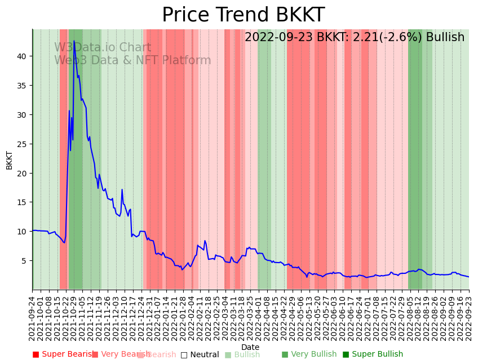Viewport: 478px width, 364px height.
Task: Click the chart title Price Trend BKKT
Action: [x=244, y=15]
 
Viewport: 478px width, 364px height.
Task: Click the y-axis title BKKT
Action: [x=10, y=160]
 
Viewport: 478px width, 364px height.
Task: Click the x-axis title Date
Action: [x=250, y=347]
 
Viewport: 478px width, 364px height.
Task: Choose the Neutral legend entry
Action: [x=200, y=354]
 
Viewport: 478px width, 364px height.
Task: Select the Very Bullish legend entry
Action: [x=309, y=354]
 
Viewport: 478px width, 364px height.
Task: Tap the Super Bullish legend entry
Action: [x=373, y=354]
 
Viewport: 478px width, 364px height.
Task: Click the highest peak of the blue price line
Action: [x=74, y=41]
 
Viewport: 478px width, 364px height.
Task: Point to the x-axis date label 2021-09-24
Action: [x=33, y=316]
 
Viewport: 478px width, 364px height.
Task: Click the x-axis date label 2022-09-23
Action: [x=468, y=316]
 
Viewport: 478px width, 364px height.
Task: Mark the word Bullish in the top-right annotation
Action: [x=445, y=38]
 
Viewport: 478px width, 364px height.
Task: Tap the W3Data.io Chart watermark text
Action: [x=103, y=48]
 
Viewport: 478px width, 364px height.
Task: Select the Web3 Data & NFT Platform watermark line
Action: [x=132, y=61]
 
